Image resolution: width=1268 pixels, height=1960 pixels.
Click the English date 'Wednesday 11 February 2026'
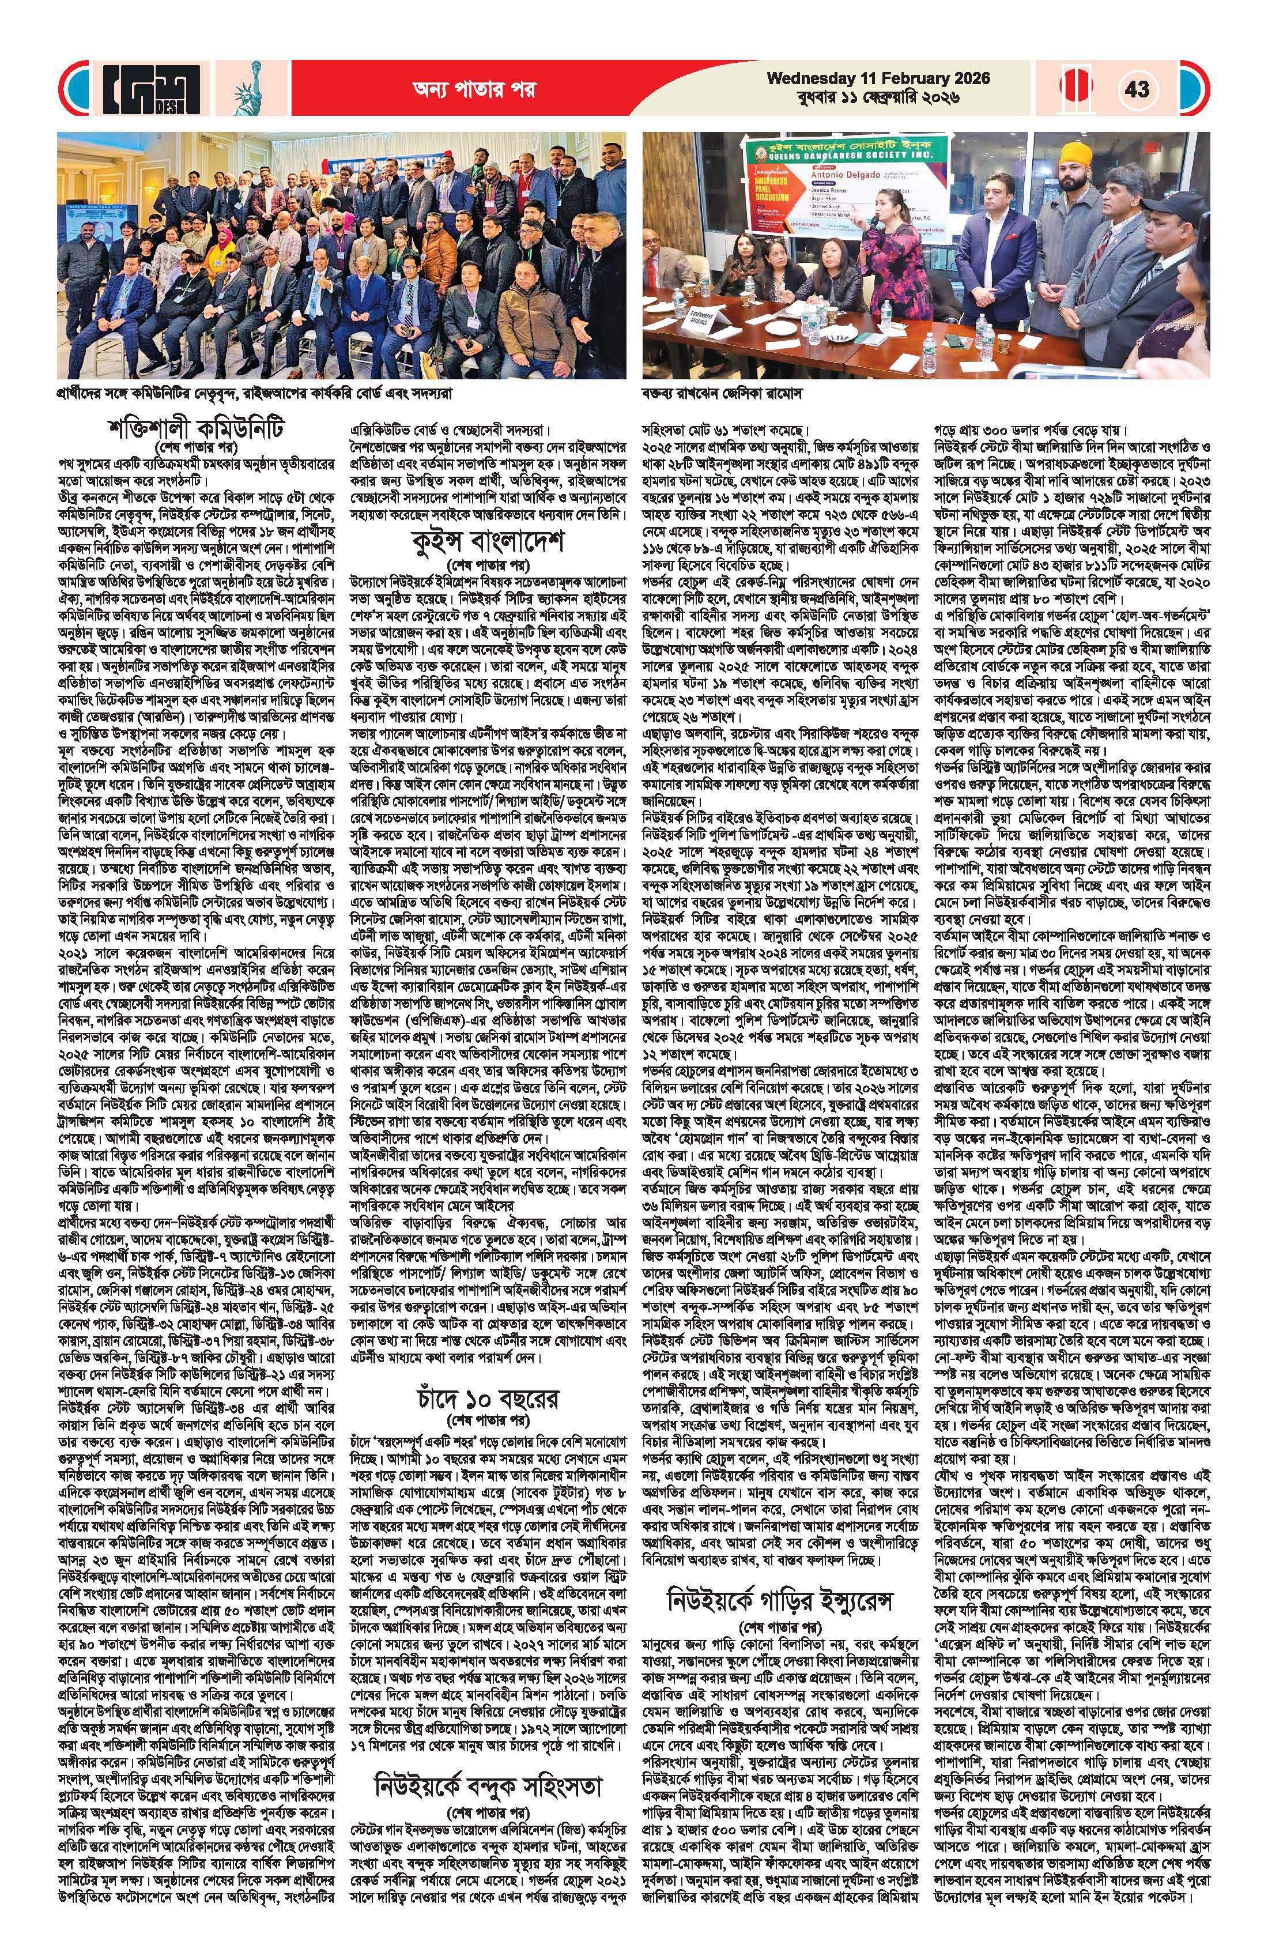coord(878,78)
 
